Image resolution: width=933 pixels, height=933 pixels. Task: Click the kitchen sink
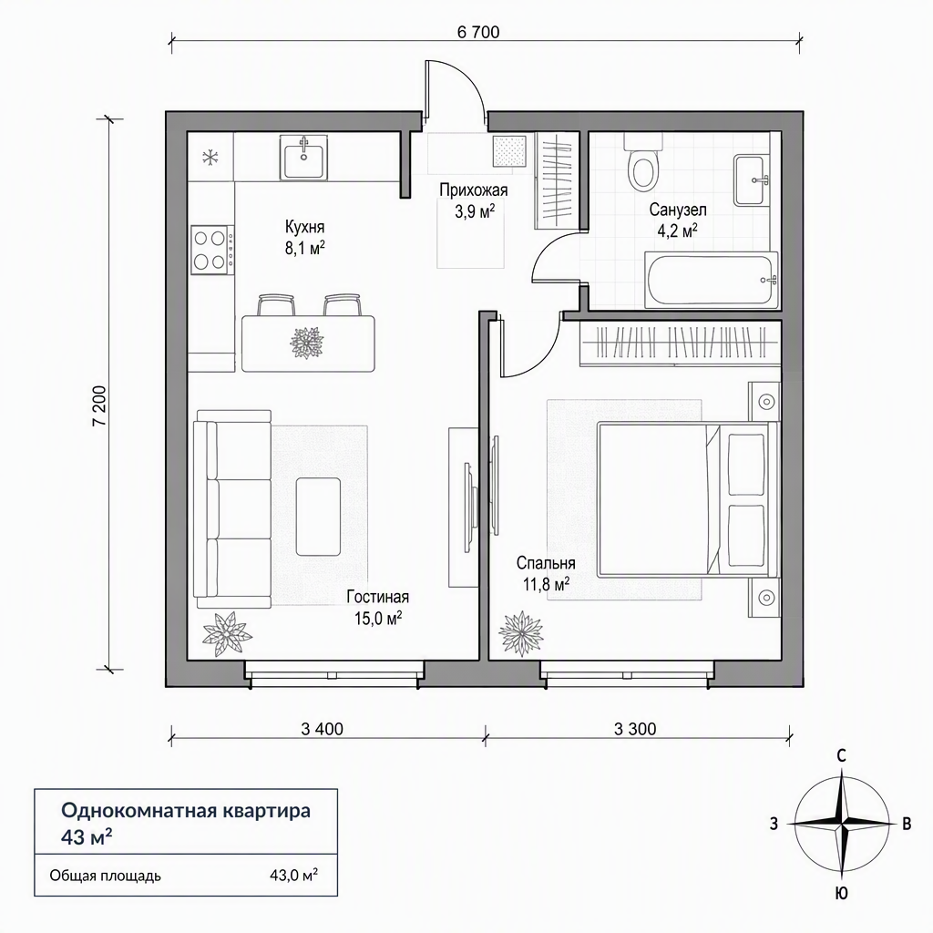coord(303,157)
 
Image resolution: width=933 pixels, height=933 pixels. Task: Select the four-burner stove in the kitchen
coord(212,250)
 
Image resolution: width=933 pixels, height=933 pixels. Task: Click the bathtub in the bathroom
coord(712,280)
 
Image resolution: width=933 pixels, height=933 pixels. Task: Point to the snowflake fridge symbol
coord(210,158)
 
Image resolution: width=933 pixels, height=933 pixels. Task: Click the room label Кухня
coord(304,227)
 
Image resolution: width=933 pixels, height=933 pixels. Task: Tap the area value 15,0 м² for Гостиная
coord(378,619)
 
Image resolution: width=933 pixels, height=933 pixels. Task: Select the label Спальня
coord(546,563)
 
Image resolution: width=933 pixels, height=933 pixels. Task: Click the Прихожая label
coord(474,190)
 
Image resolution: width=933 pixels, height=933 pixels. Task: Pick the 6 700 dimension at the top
coord(478,32)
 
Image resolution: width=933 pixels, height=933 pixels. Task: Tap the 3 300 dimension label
coord(635,729)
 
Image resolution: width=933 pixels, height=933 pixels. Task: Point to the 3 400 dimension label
coord(323,729)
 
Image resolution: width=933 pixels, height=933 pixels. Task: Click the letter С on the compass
coord(841,756)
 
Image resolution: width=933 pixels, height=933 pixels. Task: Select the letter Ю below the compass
coord(841,893)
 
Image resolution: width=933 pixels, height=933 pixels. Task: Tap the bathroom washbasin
coord(752,179)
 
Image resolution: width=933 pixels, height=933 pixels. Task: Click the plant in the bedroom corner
coord(521,634)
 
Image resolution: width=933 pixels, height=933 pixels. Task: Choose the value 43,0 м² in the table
coord(293,876)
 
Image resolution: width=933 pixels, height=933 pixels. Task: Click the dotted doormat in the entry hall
coord(510,152)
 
